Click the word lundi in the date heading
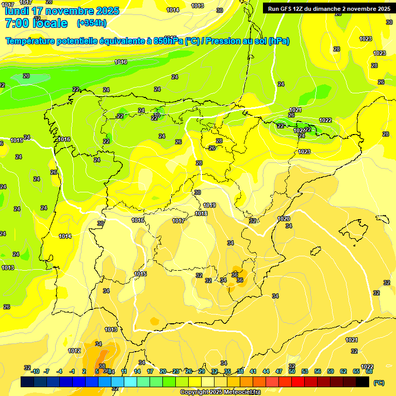[x=16, y=11]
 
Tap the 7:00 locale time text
[x=36, y=23]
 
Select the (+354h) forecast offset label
[x=92, y=23]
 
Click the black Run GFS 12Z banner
[x=329, y=9]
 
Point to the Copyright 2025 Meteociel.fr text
[x=221, y=392]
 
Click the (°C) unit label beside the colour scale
[x=378, y=383]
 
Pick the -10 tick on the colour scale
[x=35, y=371]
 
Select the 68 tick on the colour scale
[x=369, y=371]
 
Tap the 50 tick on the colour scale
[x=292, y=371]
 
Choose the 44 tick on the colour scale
[x=266, y=371]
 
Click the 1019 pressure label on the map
[x=209, y=205]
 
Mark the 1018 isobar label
[x=201, y=213]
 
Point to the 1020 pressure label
[x=284, y=219]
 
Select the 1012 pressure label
[x=74, y=351]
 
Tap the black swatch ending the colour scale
[x=362, y=382]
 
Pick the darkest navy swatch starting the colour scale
[x=27, y=382]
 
